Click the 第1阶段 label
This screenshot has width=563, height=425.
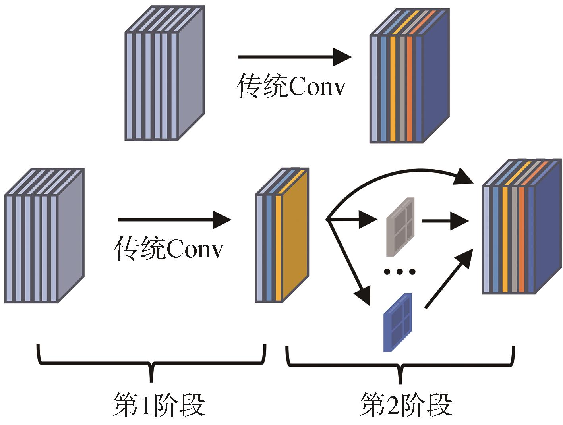pos(159,404)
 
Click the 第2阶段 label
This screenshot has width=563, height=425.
pos(406,404)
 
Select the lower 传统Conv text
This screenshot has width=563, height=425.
pos(169,249)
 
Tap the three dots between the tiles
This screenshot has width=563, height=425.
pos(399,272)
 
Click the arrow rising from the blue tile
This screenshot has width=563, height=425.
pos(449,278)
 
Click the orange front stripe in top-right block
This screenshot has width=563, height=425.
pos(410,89)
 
